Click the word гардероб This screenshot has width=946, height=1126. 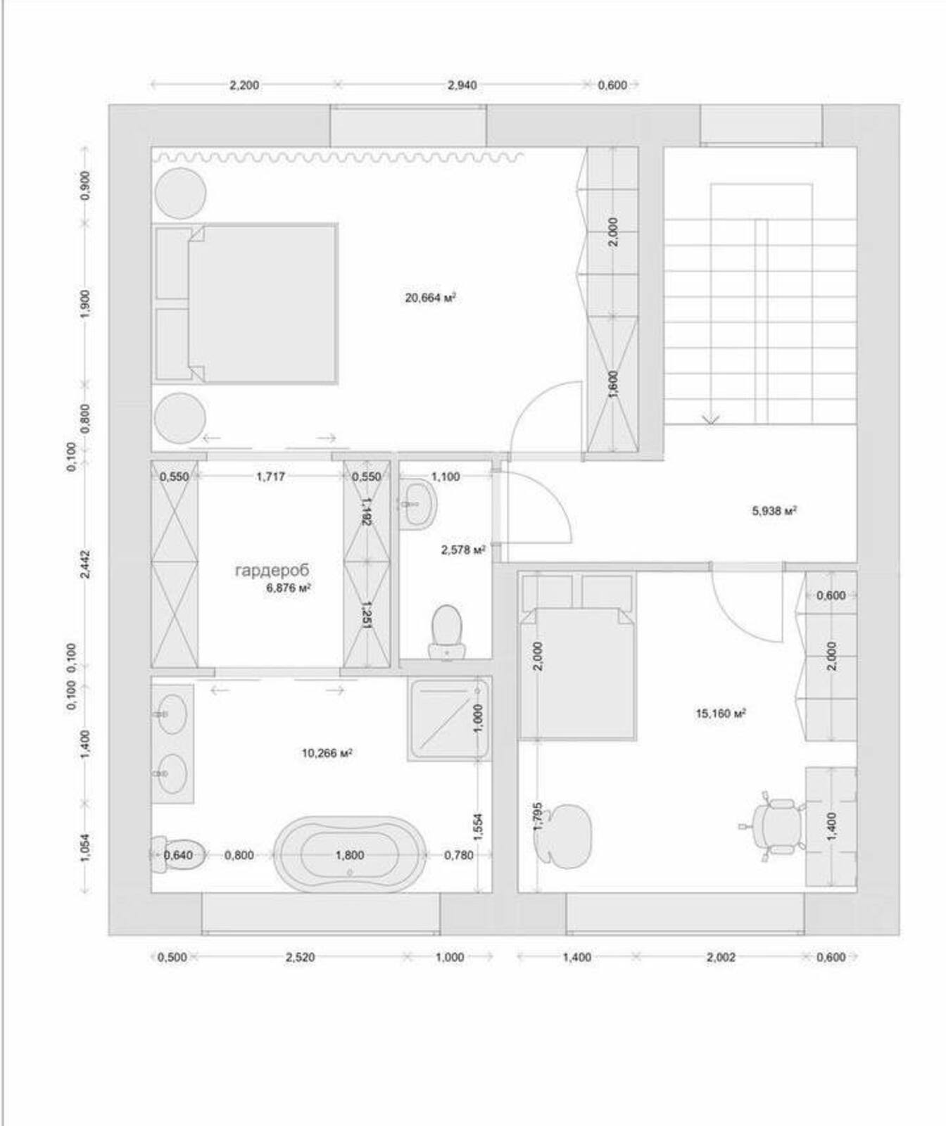pos(272,570)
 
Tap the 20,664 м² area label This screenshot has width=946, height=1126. pos(431,298)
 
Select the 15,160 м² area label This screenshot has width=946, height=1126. pos(721,714)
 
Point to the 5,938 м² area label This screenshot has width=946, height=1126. pos(774,511)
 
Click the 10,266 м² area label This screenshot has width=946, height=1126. pos(327,753)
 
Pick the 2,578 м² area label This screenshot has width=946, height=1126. pos(463,550)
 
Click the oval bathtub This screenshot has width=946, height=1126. pos(350,854)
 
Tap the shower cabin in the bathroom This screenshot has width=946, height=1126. pos(449,719)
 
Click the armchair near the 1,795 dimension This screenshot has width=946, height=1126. pos(563,835)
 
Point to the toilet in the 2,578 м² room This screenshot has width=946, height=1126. pos(446,633)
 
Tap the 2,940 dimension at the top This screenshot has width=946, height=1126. pos(462,85)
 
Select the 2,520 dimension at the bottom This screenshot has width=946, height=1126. pos(300,957)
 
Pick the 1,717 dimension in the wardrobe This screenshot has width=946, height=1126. pos(270,476)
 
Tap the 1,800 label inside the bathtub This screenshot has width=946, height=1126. pos(350,855)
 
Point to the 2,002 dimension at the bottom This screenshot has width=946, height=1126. pos(721,957)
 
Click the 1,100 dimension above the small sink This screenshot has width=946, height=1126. pos(446,476)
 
